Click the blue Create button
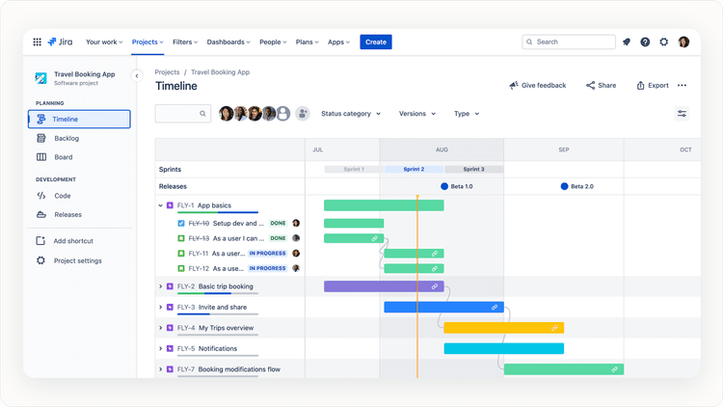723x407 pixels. [376, 41]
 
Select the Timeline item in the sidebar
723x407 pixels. [79, 120]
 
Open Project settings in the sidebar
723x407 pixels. [77, 260]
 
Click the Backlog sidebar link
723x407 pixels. [67, 138]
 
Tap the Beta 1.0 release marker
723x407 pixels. [444, 186]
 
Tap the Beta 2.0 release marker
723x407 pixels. [565, 186]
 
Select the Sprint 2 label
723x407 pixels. [414, 169]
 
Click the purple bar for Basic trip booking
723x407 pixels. [384, 286]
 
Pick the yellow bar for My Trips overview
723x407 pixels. [503, 328]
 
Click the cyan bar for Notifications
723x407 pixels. [503, 348]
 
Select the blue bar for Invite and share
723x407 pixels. [443, 307]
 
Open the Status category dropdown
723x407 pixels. [351, 114]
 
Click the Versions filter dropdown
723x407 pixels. [416, 114]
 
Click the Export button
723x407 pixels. [652, 85]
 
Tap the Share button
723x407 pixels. [601, 85]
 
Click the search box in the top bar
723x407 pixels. [569, 41]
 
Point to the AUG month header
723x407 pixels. [442, 149]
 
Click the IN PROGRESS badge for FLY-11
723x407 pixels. [267, 254]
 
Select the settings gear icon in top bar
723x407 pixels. [663, 41]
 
